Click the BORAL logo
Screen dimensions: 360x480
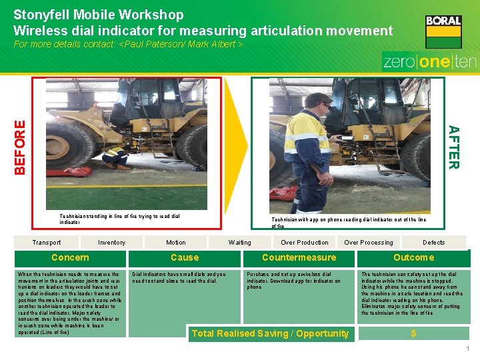coord(443,31)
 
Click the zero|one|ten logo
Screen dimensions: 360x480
coord(429,61)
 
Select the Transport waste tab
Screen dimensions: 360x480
coord(47,243)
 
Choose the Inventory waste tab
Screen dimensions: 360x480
coord(112,243)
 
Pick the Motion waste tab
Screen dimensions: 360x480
coord(176,243)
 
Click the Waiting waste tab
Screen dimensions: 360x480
coord(240,243)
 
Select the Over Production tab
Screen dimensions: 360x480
coord(305,243)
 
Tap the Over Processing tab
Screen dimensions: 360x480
coord(369,243)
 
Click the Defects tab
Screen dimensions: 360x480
coord(433,243)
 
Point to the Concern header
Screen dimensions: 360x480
coord(70,258)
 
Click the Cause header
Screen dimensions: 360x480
coord(185,258)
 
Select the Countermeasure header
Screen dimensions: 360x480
coord(299,258)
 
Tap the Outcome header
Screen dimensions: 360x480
coord(413,258)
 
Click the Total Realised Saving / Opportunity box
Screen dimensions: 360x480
coord(270,333)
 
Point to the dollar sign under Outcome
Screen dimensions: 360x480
coord(413,333)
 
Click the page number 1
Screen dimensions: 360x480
coord(469,349)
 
